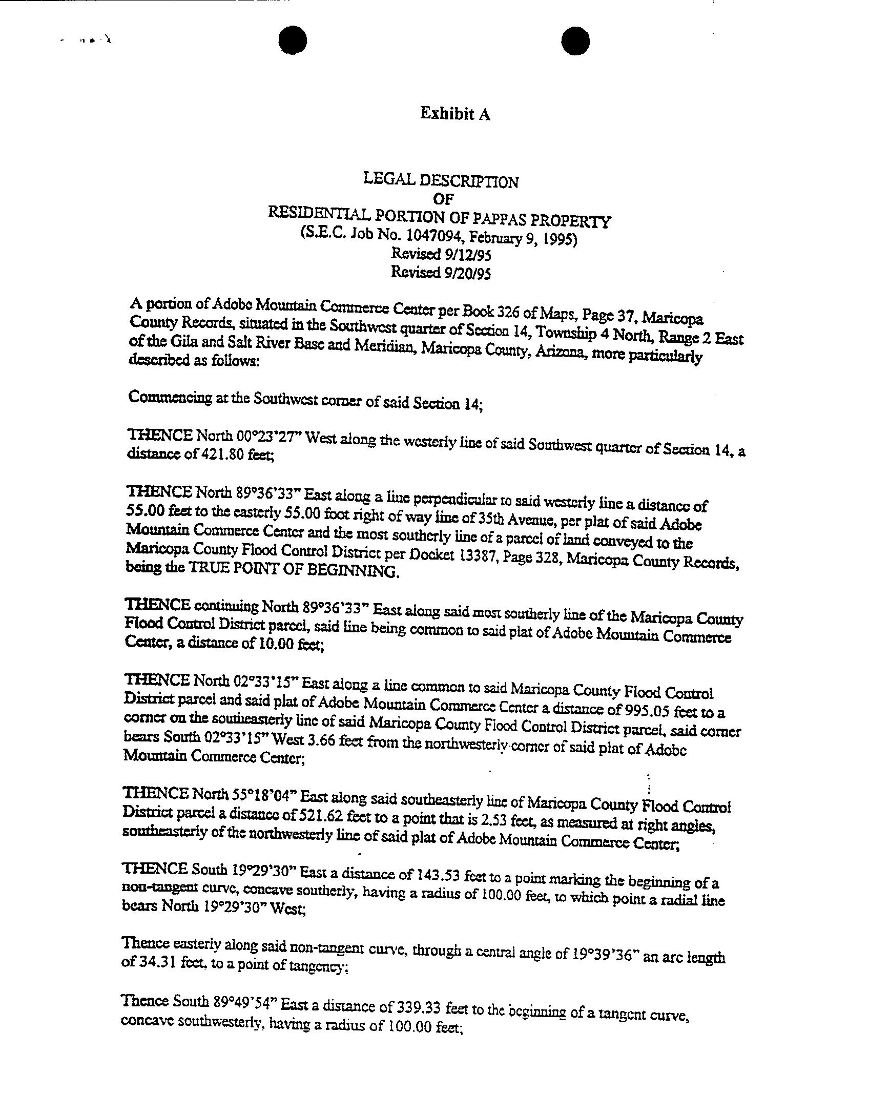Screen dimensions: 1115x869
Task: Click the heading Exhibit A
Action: coord(455,114)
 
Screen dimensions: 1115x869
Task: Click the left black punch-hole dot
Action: coord(293,40)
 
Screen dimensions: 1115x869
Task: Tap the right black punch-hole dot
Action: coord(575,40)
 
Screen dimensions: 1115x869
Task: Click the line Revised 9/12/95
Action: coord(441,254)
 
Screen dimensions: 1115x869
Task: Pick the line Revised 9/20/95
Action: coord(441,272)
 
